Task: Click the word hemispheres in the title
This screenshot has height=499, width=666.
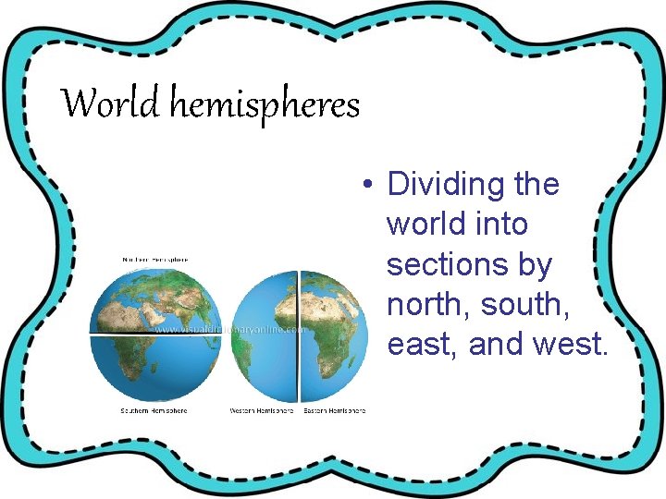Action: (264, 105)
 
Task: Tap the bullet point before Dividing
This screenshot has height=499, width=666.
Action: (368, 185)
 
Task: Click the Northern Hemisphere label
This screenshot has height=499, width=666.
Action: (155, 260)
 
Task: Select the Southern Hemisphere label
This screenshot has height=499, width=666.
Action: (154, 410)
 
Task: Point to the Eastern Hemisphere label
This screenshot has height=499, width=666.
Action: (335, 410)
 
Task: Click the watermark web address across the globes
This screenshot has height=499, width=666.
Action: (230, 328)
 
